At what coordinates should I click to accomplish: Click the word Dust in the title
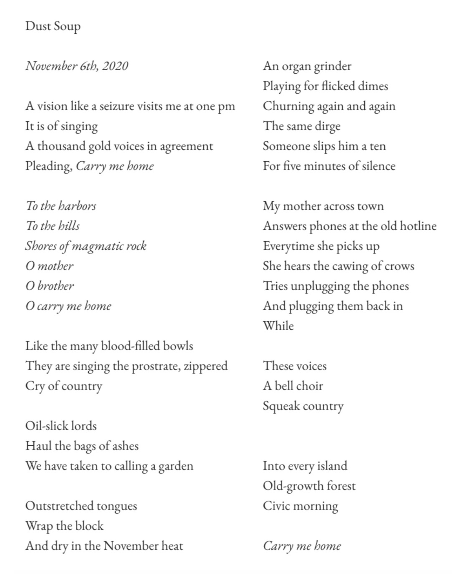pyautogui.click(x=37, y=26)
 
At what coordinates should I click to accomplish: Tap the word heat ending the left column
pyautogui.click(x=172, y=546)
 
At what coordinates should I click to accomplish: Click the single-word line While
pyautogui.click(x=278, y=326)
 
